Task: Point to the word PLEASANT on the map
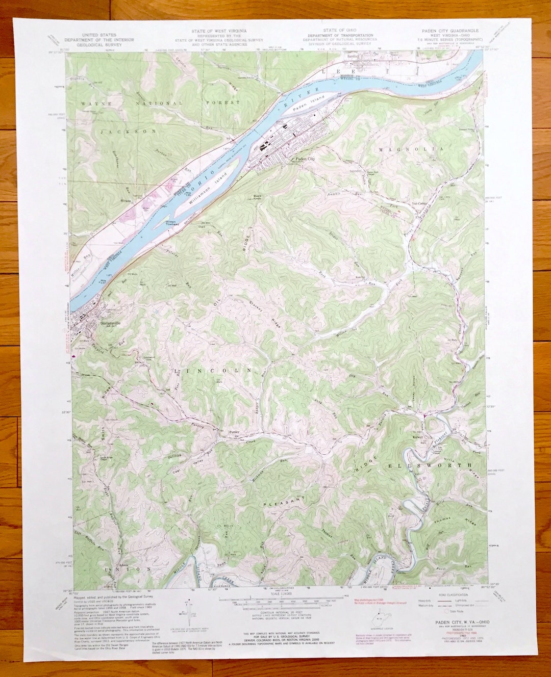pos(286,500)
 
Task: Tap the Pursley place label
pos(234,432)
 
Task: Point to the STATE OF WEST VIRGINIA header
pos(219,31)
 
